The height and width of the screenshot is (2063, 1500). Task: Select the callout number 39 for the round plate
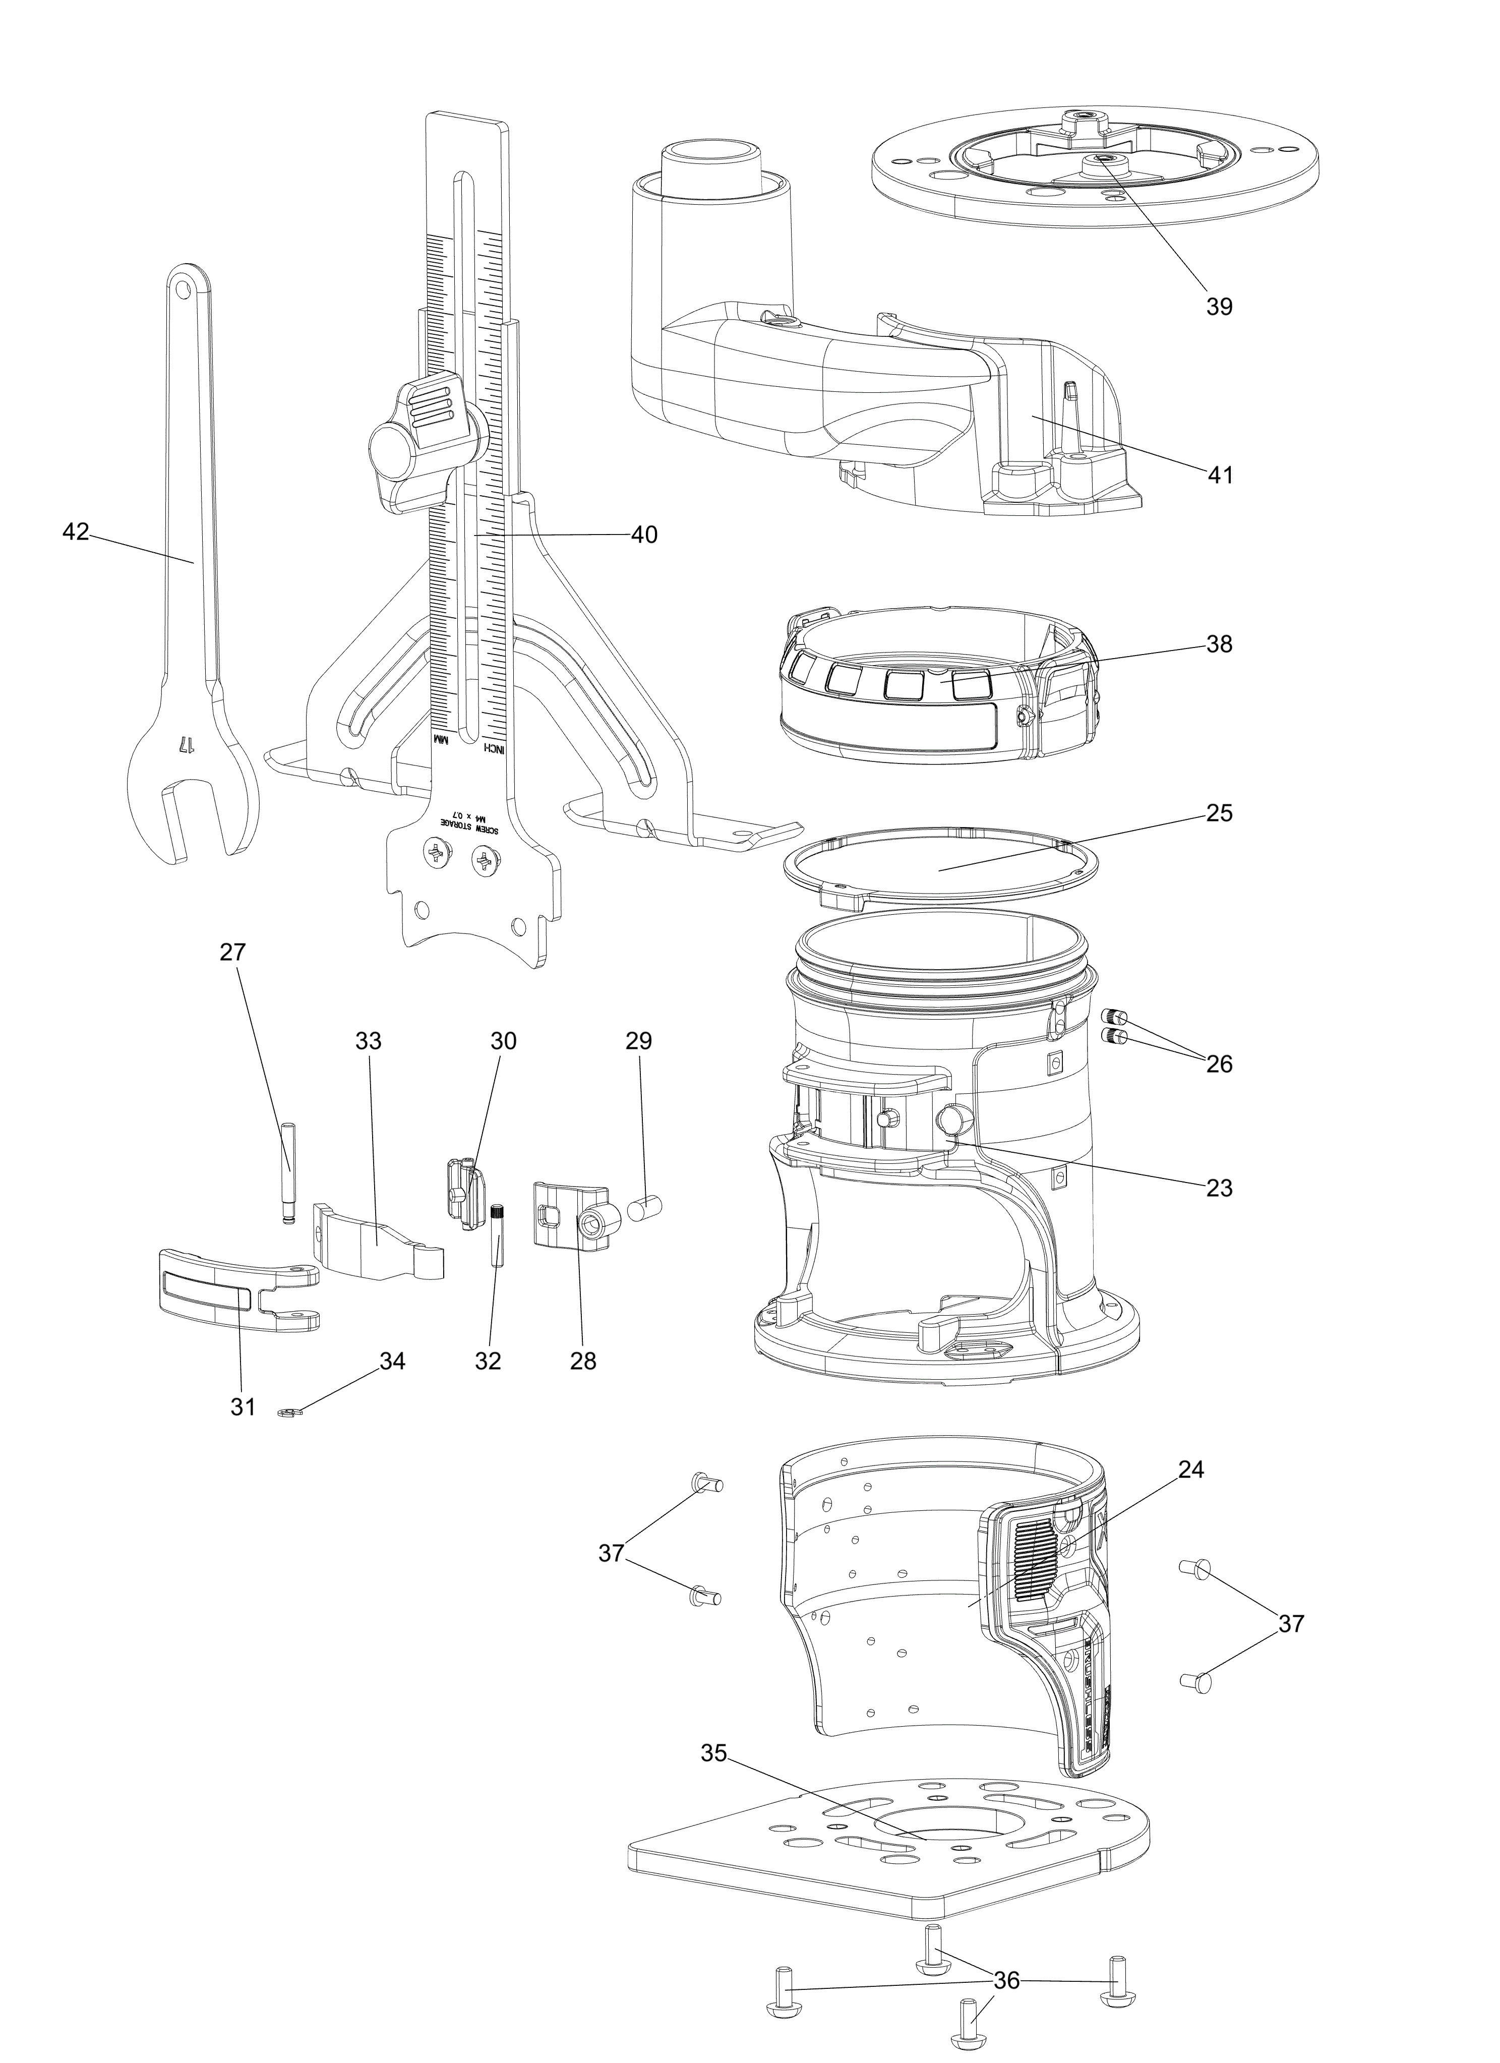1219,307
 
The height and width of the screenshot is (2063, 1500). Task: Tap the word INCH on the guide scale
493,748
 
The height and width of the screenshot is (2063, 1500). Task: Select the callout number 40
644,535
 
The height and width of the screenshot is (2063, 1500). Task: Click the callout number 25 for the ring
1219,812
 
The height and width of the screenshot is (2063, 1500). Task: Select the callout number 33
369,1041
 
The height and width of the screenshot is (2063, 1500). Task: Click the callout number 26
1219,1064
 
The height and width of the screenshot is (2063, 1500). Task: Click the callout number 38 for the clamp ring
1219,644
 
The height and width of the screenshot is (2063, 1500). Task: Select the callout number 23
1219,1187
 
